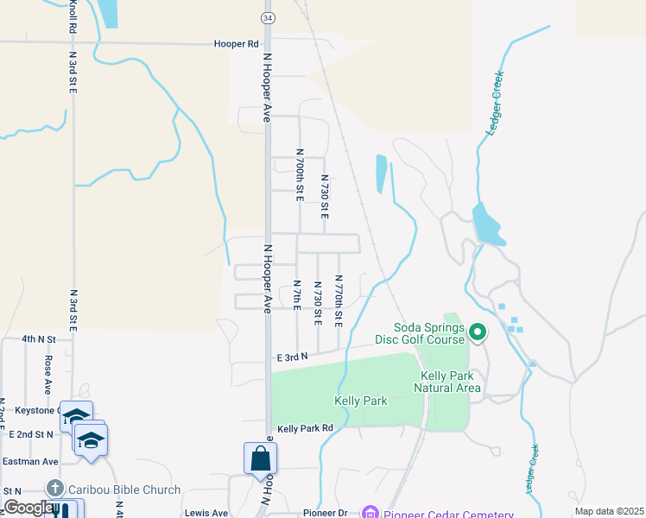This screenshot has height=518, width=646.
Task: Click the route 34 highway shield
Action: [x=269, y=18]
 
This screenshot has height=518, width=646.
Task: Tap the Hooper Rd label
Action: [x=236, y=43]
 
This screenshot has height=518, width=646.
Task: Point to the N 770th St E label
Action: [x=339, y=300]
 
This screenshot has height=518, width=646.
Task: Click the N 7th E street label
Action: [x=296, y=296]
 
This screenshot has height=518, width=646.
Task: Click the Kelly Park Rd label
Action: [x=305, y=428]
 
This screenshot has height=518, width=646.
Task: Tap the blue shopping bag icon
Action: [x=260, y=458]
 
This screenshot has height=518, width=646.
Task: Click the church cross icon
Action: [x=55, y=490]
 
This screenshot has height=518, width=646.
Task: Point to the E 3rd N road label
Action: [x=293, y=356]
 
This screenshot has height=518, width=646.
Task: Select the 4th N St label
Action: [x=38, y=339]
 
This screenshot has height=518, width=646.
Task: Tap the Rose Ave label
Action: [x=48, y=370]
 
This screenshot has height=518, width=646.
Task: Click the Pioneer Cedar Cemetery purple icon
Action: [x=370, y=513]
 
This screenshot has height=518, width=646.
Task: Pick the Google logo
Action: [x=28, y=508]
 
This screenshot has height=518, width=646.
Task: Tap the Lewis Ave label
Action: [x=206, y=512]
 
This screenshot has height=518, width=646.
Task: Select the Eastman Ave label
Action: [x=29, y=462]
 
